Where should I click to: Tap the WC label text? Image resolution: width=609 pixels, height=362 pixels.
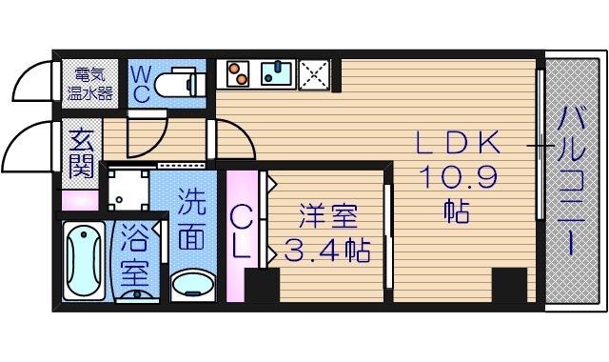tap(137, 83)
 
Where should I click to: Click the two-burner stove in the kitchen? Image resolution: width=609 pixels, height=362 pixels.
tap(238, 73)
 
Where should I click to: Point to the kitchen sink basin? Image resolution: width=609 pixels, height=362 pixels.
tap(278, 73)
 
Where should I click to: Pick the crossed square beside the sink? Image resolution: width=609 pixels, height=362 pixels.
tap(314, 73)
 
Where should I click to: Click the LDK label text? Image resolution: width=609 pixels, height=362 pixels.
tap(457, 144)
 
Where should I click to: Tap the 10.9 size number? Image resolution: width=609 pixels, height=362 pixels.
tap(457, 177)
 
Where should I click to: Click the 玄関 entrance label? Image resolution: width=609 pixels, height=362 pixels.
tap(80, 154)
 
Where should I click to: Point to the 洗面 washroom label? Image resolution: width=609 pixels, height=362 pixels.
tap(192, 219)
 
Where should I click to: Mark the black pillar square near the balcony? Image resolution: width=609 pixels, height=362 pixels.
tap(509, 285)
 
